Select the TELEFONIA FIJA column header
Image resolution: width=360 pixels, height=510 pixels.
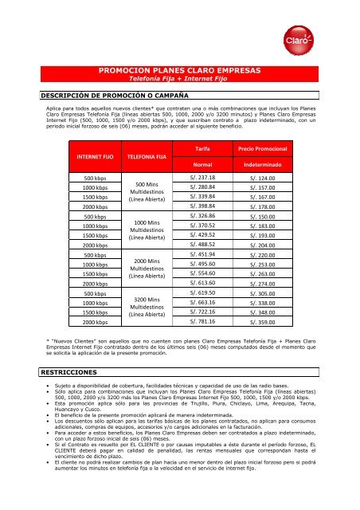pyautogui.click(x=147, y=158)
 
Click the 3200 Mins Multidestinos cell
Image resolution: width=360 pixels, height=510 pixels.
pyautogui.click(x=147, y=307)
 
